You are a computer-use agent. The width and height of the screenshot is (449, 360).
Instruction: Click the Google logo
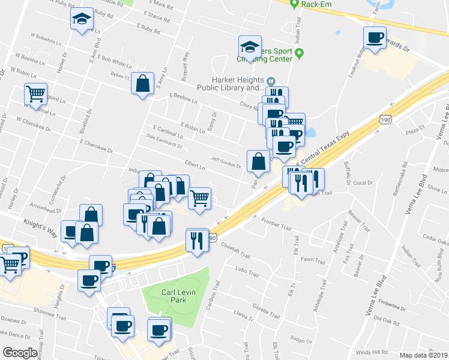tap(19, 353)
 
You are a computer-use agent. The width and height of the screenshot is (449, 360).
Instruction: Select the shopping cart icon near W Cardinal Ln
tap(35, 94)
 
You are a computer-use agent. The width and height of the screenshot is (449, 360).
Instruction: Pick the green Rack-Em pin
tap(294, 4)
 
